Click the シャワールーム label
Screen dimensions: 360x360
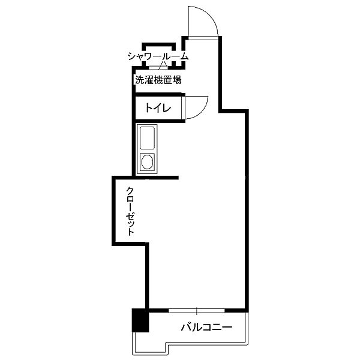tap(158, 57)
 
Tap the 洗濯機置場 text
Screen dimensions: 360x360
tap(158, 80)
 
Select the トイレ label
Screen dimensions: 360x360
tap(158, 107)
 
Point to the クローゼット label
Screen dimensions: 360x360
tap(130, 211)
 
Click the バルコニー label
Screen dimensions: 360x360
tap(206, 327)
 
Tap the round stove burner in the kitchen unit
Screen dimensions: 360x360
tap(147, 161)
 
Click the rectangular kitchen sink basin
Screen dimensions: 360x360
tap(147, 138)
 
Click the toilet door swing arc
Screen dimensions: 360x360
tap(202, 113)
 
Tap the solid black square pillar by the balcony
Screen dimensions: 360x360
tap(140, 320)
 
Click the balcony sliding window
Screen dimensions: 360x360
tap(197, 311)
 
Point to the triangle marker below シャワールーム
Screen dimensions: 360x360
tap(163, 65)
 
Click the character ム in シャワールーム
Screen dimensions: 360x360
tap(184, 57)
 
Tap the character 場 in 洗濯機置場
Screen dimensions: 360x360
tap(177, 80)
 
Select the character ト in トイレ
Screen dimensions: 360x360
tap(149, 107)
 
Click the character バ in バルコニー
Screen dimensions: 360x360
tap(186, 327)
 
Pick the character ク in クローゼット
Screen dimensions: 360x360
tap(130, 191)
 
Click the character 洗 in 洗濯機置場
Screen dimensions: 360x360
tap(140, 80)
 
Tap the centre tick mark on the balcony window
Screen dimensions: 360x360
tap(197, 311)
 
